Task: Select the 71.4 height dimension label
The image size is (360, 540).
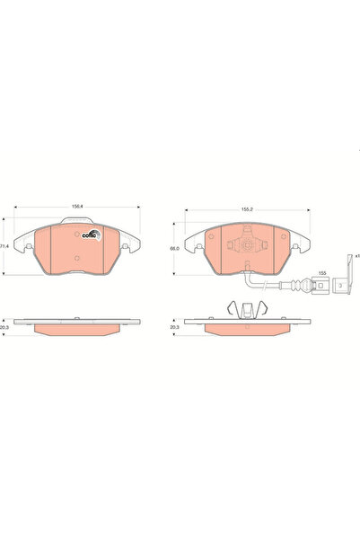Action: [4, 245]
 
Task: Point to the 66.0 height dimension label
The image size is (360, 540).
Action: [176, 249]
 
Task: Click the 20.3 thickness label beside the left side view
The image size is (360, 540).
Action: [4, 330]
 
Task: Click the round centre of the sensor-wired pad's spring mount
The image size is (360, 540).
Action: [245, 245]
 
